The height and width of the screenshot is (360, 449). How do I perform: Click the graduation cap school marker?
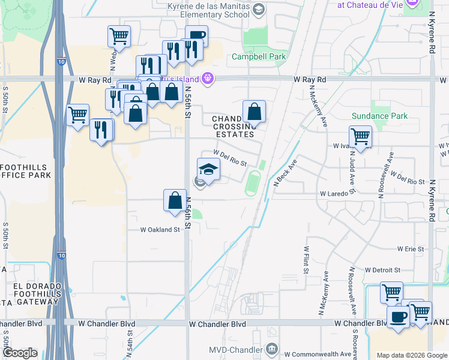point(208,169)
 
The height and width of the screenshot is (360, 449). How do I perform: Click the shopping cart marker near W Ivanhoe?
point(360,136)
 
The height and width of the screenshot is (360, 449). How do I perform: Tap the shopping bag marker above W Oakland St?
point(175,200)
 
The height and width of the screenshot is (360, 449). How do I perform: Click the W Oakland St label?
point(160,230)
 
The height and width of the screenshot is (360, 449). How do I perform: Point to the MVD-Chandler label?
point(235,349)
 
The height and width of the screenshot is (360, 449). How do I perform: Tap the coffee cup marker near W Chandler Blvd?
point(397,317)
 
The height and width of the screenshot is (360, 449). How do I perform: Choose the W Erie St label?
point(411,248)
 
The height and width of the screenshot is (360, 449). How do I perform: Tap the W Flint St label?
point(306,260)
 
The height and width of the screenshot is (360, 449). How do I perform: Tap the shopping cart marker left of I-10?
point(78,114)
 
